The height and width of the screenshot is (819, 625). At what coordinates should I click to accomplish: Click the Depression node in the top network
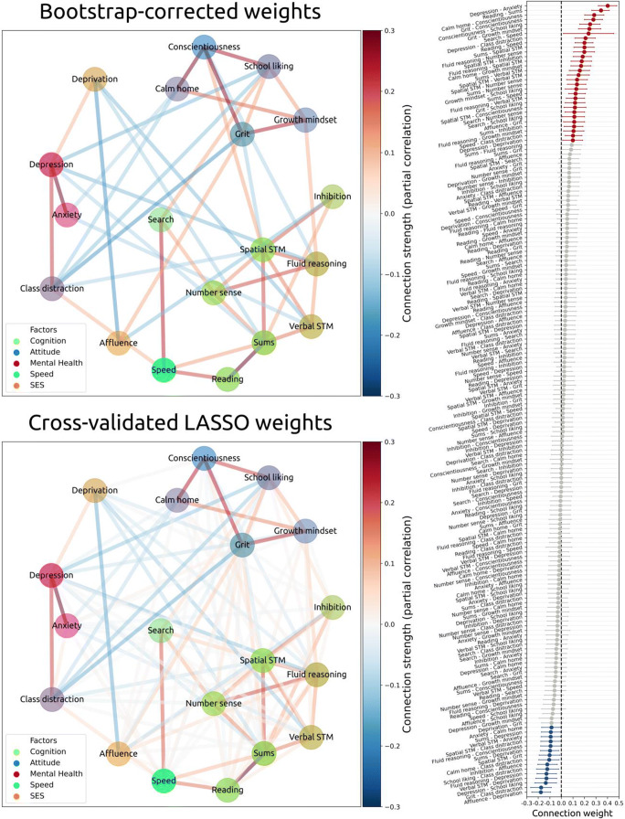(51, 166)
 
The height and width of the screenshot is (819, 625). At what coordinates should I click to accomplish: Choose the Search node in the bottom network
(160, 633)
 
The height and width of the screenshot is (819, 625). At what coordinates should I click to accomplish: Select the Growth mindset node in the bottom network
(292, 532)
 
